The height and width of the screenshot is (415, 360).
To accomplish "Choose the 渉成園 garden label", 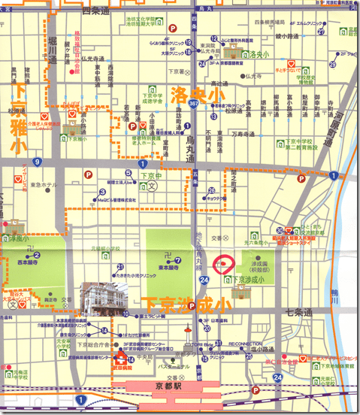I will click(260, 264).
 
